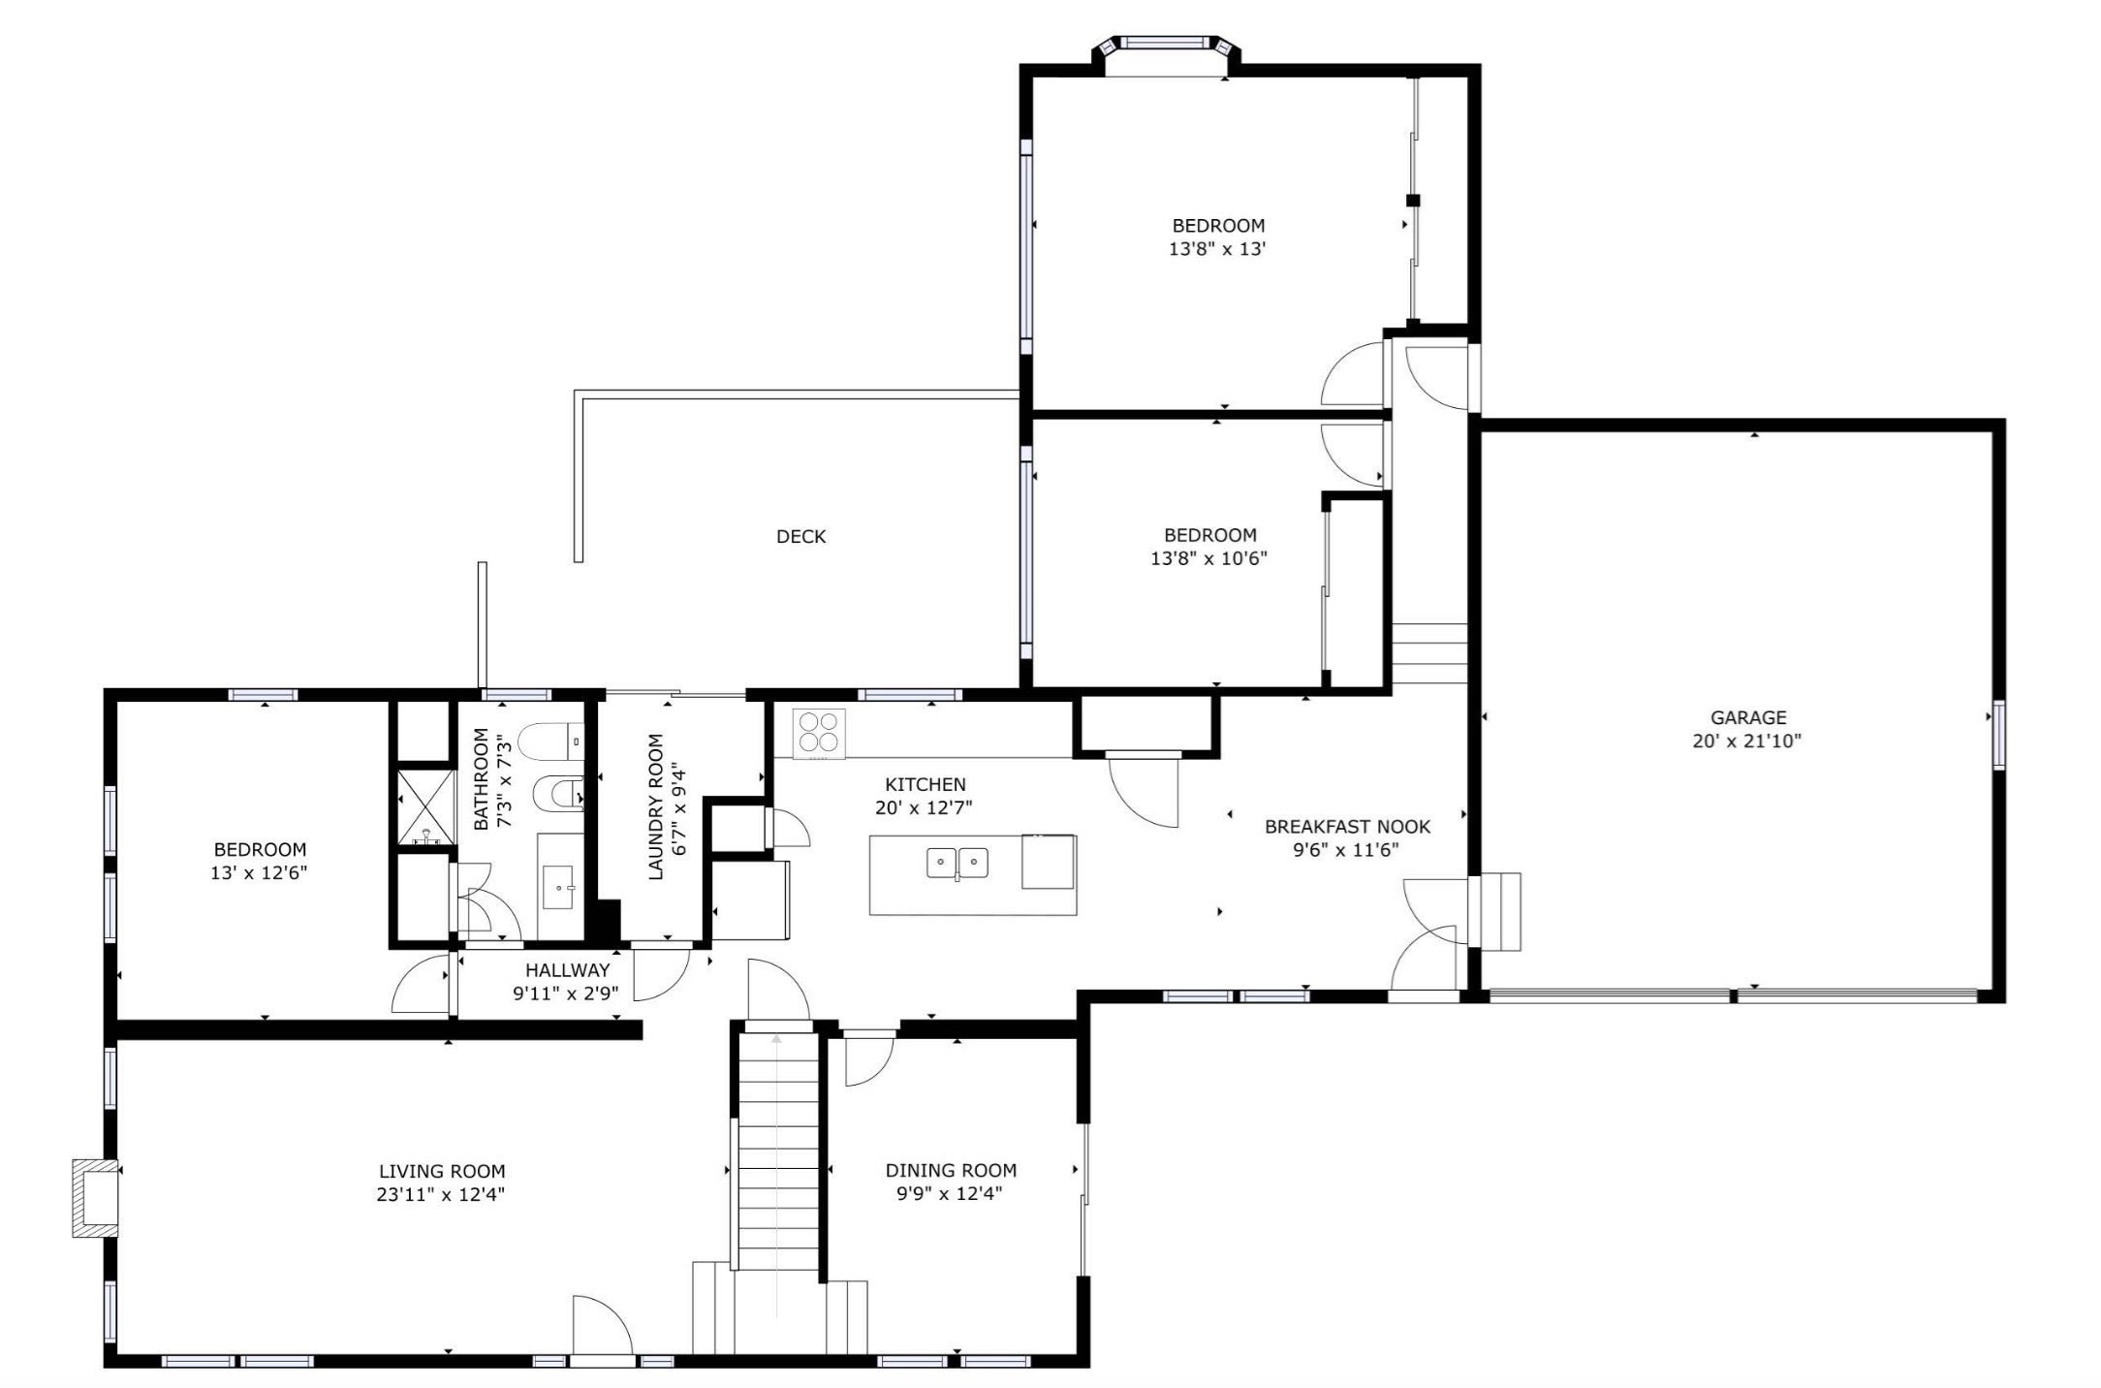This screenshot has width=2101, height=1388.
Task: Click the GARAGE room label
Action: pos(1747,718)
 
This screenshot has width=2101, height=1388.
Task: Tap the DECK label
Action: pos(800,537)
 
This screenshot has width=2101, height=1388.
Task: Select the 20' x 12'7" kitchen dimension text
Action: pos(925,807)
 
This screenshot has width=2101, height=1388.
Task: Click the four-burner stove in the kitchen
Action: pos(819,733)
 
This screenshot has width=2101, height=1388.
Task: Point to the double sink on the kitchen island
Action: pos(956,862)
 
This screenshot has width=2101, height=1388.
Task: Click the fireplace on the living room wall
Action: pos(96,1198)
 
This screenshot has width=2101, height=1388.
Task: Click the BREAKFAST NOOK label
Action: pos(1347,827)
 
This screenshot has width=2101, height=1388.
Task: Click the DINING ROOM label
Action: pos(951,1170)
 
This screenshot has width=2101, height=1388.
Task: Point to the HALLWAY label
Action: pos(567,970)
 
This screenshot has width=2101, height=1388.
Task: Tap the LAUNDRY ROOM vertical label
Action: pos(656,806)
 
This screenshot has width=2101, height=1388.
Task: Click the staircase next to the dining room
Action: pos(778,1153)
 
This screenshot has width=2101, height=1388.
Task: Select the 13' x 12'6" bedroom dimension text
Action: pos(259,872)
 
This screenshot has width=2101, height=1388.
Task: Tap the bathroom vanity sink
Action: pos(559,887)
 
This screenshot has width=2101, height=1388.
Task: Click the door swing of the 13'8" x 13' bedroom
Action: pos(1354,376)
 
